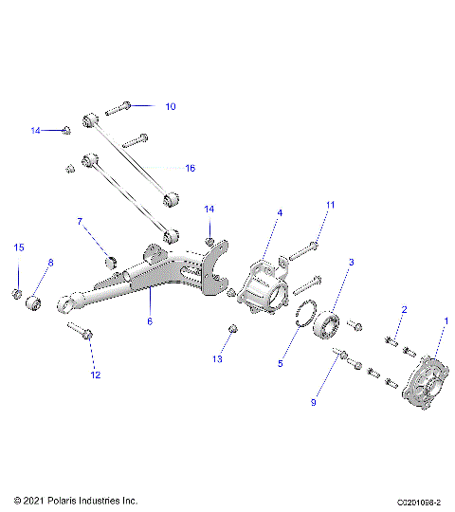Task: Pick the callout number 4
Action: click(x=281, y=213)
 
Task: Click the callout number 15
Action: click(x=18, y=247)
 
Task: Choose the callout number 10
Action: click(x=171, y=107)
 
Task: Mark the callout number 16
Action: click(x=190, y=168)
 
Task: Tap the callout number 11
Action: click(x=331, y=204)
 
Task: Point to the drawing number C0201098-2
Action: click(x=413, y=500)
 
